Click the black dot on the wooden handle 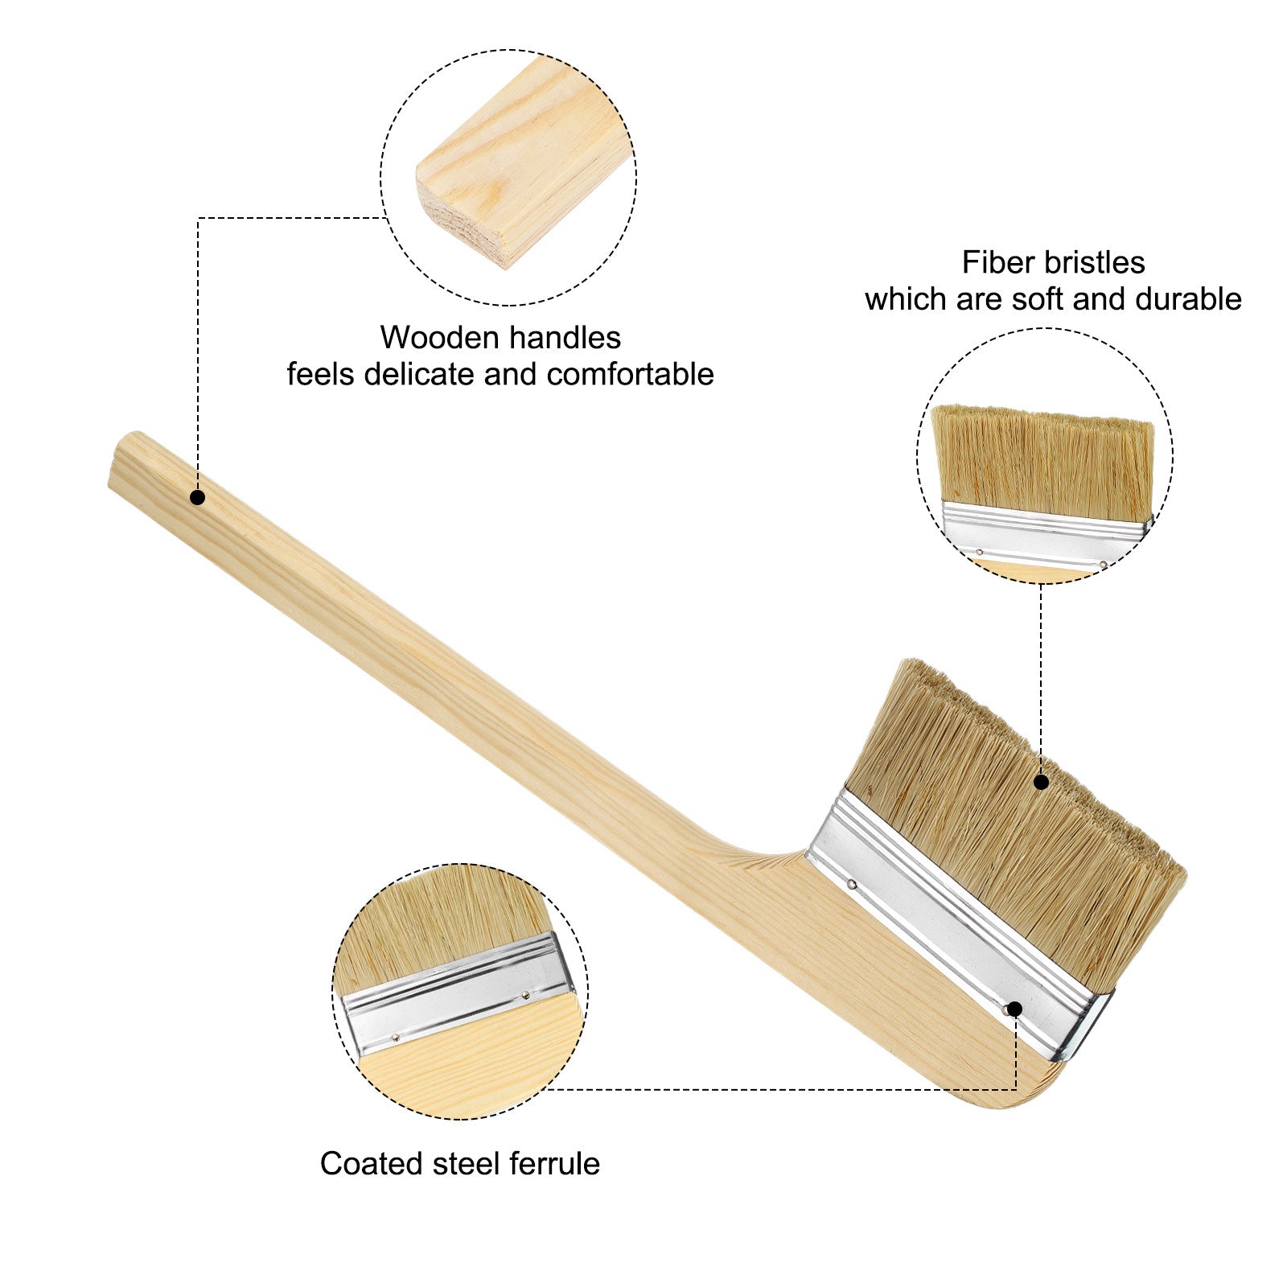coord(198,498)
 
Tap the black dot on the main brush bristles coord(1041,782)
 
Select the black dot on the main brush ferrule coord(1014,1009)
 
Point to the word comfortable coord(631,375)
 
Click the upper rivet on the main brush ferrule coord(851,885)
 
